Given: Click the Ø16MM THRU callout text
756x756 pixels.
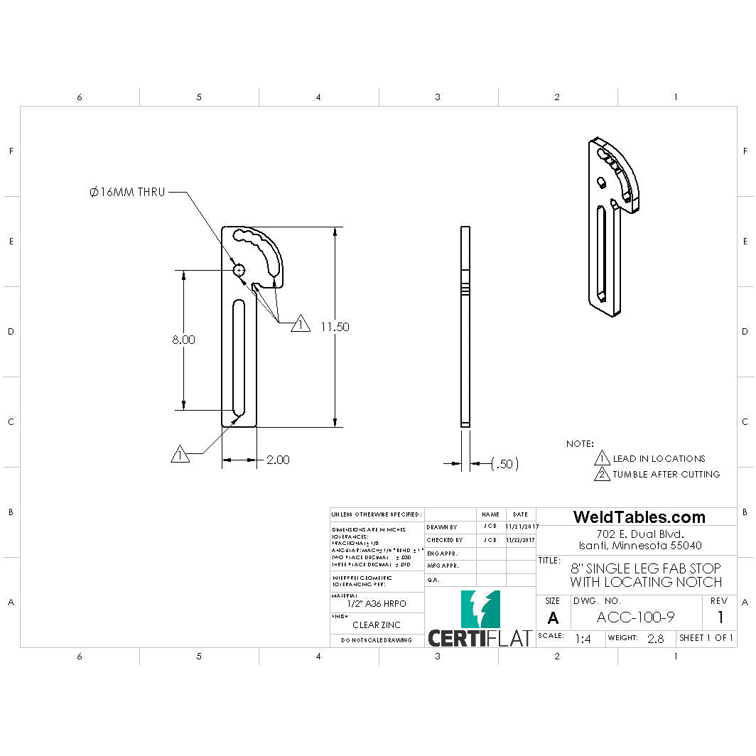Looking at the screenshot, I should coord(127,192).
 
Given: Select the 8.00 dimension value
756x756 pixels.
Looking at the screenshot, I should coord(183,340).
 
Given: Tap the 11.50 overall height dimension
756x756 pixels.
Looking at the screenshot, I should coord(335,327).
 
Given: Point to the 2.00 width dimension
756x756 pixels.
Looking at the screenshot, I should coord(278,460).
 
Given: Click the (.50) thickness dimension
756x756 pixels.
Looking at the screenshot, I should coord(504,464).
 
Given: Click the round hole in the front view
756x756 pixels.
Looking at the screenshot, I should coord(239,269).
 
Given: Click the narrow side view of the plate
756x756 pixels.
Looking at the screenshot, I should coord(465,327).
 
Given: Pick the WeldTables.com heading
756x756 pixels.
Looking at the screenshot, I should coord(639,517).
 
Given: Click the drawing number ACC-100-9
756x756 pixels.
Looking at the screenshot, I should coord(635,617).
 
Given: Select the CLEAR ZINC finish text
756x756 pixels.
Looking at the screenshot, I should coord(377,625).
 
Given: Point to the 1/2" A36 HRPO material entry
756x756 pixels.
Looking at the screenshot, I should coord(377,603).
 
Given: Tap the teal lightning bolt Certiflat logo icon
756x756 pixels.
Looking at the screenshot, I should coord(480,609).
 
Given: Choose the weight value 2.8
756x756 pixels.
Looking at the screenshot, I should coord(655,639).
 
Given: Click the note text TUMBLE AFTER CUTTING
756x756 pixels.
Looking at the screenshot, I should coord(666,474).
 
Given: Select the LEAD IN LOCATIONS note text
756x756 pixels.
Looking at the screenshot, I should coord(659,458).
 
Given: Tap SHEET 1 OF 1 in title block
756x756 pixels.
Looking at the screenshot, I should coord(706,638).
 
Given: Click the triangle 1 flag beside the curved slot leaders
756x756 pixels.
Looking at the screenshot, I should coord(301,323).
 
